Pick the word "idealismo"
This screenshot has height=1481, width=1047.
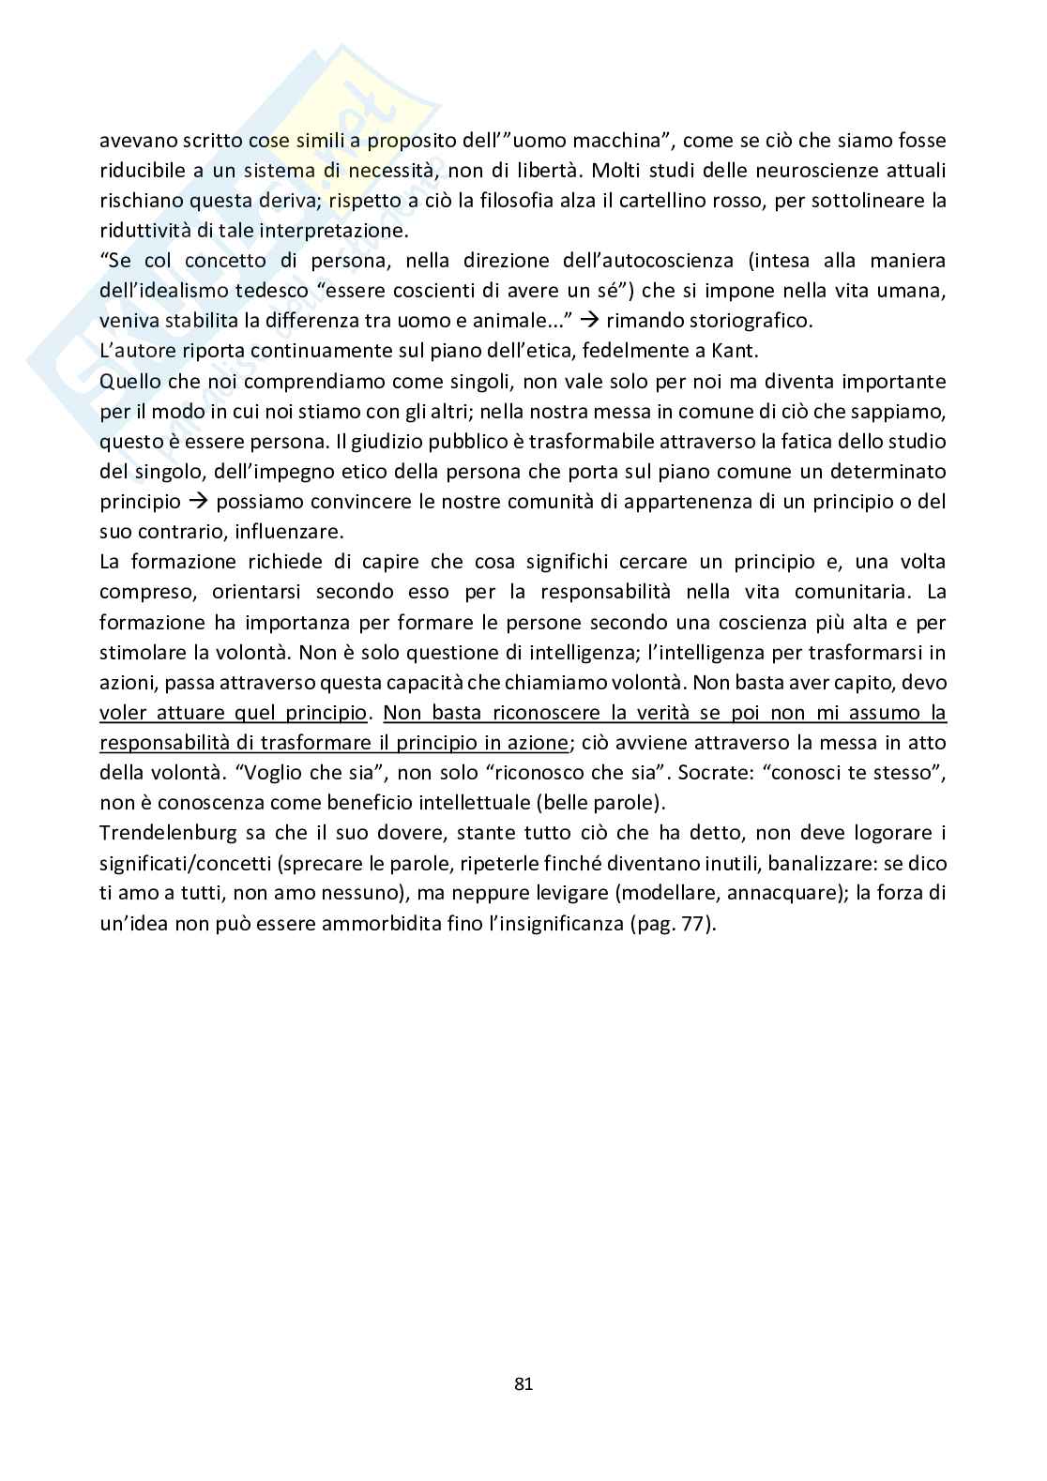point(196,291)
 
